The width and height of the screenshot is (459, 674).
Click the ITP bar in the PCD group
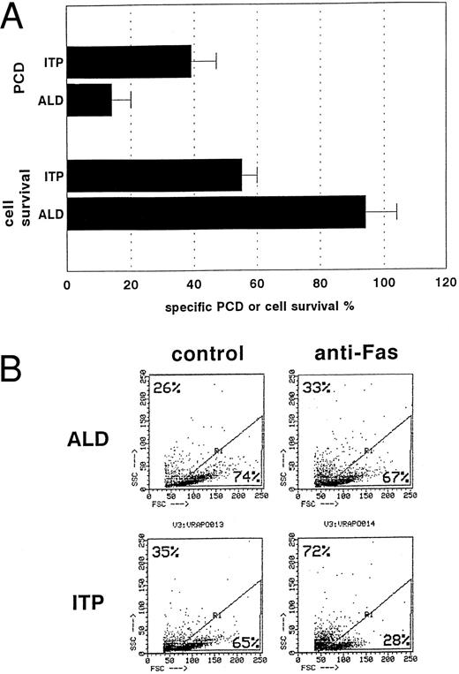click(128, 62)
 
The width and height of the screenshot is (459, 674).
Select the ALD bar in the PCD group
click(88, 100)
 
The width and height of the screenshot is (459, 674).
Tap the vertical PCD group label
click(13, 80)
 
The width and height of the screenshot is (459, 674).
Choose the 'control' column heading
click(209, 354)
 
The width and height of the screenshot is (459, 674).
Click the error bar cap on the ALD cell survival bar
click(397, 213)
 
